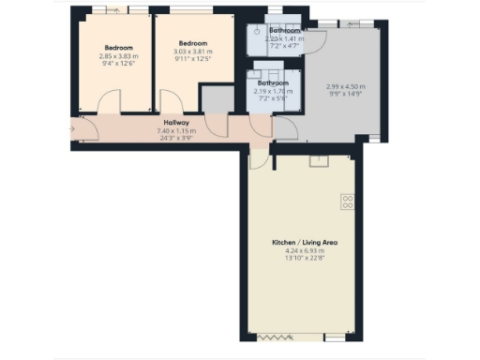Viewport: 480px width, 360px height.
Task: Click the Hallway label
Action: pyautogui.click(x=176, y=122)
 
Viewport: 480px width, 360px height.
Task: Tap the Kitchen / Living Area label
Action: pyautogui.click(x=304, y=243)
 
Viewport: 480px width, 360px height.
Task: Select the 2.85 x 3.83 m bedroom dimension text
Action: pyautogui.click(x=118, y=55)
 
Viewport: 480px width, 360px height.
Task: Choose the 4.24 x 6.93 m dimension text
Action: pyautogui.click(x=304, y=251)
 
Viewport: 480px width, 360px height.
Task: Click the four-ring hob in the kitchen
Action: pyautogui.click(x=346, y=200)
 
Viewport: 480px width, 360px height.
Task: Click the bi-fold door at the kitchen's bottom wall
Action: pyautogui.click(x=277, y=337)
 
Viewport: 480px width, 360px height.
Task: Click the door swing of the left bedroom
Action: pyautogui.click(x=111, y=102)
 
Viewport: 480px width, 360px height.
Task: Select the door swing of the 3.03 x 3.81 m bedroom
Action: pyautogui.click(x=172, y=102)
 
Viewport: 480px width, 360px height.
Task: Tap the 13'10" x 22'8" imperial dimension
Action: pyautogui.click(x=304, y=259)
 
